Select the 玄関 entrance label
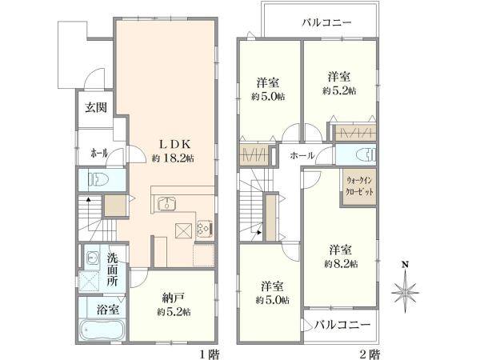(x=97, y=109)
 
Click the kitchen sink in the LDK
(x=167, y=202)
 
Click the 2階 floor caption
(x=369, y=352)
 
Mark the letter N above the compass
(x=405, y=265)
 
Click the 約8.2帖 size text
(x=341, y=263)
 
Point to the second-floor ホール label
(x=302, y=155)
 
